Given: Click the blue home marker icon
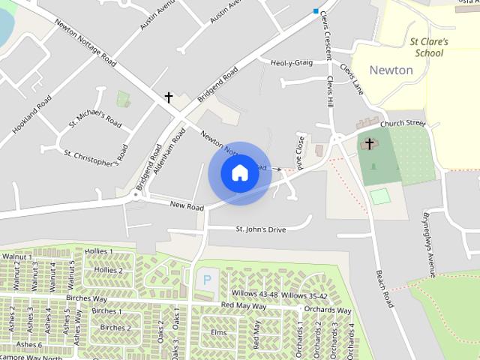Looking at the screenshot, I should [239, 173].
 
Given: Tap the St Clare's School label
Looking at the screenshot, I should [429, 47].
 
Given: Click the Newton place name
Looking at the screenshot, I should [391, 70].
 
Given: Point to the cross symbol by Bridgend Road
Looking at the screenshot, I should [169, 97].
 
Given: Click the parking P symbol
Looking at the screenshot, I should [207, 280].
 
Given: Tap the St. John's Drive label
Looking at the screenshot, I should [261, 229].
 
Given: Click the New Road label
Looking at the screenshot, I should [187, 206].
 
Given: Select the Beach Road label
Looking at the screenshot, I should [385, 288].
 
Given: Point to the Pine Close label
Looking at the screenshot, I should [300, 151].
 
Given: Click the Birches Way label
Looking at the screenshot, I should [88, 298].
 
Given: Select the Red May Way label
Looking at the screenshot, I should [244, 306].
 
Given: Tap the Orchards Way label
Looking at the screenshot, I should [328, 310].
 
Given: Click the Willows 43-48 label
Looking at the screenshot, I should [255, 295].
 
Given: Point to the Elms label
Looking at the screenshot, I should [219, 331].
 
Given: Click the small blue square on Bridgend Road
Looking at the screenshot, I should [316, 10].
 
